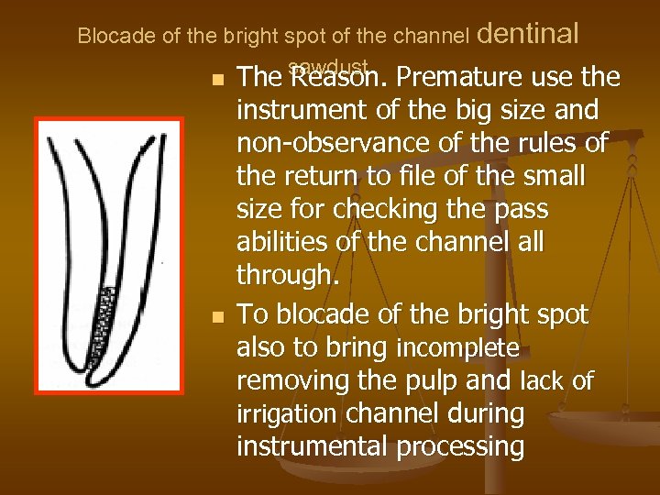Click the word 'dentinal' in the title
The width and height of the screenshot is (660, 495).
point(528,34)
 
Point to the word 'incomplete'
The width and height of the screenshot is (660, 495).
point(457,349)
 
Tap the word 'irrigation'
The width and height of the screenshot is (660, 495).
point(286,414)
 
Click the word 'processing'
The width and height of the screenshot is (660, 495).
point(470,447)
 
